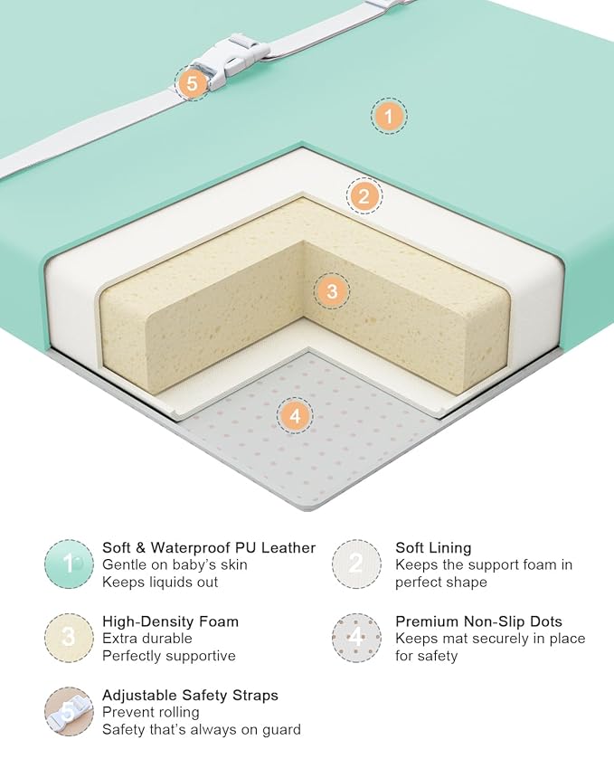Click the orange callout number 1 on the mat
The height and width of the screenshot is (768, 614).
[x=388, y=117]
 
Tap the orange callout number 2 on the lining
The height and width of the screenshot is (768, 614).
[x=364, y=196]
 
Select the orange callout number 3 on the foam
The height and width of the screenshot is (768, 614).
[x=332, y=291]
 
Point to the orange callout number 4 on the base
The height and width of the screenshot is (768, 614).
[x=295, y=416]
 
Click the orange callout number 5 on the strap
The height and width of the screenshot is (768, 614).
[x=193, y=83]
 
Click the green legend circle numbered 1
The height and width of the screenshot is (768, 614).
[x=69, y=564]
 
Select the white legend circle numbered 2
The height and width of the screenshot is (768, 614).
[x=356, y=564]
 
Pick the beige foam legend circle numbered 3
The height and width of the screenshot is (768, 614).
[x=69, y=638]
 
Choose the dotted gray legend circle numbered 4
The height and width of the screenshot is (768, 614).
[x=356, y=638]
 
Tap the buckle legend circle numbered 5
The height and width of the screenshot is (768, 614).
[x=69, y=711]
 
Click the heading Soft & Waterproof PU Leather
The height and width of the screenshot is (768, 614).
[x=209, y=547]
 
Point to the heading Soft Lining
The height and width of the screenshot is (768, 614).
[x=433, y=547]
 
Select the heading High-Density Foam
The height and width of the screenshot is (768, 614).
[x=170, y=621]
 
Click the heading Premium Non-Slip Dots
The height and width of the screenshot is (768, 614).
[x=479, y=621]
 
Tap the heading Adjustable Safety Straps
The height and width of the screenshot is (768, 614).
[x=190, y=695]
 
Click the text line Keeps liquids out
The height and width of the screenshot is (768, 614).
[x=160, y=583]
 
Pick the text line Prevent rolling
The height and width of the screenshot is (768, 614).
[x=151, y=712]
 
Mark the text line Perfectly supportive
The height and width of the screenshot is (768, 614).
[x=169, y=656]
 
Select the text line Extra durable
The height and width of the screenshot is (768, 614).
[x=146, y=639]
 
